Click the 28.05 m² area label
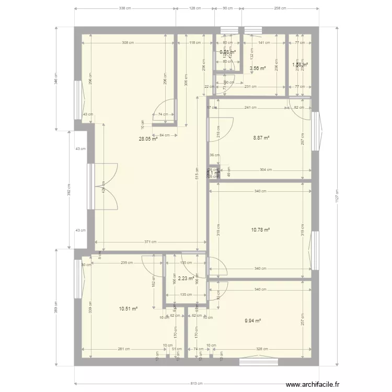pos(148,139)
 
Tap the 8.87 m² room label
pos(261,138)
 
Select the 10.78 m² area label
pos(261,229)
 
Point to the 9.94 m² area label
pos(252,321)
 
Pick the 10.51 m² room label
pos(128,309)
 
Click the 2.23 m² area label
pos(186,279)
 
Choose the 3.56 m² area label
pos(258,68)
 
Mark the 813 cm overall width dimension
pos(196,384)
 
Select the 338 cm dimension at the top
pos(125,8)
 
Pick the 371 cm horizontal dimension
pos(151,242)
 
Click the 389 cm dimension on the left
pos(55,309)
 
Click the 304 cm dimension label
pos(266,170)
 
